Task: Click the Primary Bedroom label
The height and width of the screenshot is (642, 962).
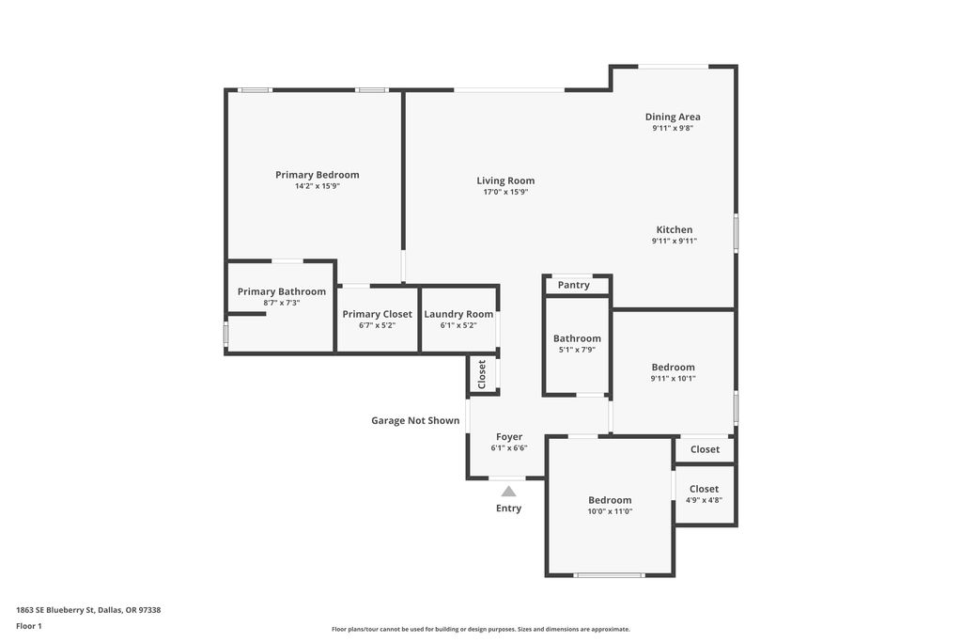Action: click(318, 175)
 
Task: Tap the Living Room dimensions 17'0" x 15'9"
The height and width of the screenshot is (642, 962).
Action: click(505, 192)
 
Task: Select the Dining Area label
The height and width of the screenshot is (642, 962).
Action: click(673, 117)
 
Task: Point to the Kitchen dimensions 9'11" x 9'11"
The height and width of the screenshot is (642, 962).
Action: click(675, 242)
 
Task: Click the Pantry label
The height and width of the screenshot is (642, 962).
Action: click(574, 286)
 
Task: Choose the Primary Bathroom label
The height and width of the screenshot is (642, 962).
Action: click(282, 292)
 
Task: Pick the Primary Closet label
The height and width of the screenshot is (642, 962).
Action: click(378, 314)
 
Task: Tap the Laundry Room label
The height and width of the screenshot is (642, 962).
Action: click(458, 314)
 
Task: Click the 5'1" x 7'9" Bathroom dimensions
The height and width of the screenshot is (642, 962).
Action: click(577, 350)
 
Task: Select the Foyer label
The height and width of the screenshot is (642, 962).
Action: click(509, 437)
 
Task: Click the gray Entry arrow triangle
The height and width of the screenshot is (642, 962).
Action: click(508, 491)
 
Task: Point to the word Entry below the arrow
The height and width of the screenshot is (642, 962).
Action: click(508, 509)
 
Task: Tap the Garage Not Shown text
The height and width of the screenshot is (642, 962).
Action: click(415, 420)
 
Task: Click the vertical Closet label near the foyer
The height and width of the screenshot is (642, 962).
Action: click(482, 374)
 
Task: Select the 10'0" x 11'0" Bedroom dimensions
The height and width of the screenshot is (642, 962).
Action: click(610, 511)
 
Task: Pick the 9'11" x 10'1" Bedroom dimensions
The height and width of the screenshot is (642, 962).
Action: click(673, 379)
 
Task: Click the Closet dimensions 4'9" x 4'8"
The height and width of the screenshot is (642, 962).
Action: click(704, 500)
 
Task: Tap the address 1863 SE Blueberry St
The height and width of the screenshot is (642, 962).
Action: click(55, 610)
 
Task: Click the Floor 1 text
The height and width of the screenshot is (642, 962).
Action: click(29, 626)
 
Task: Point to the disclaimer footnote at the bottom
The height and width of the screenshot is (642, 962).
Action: click(481, 629)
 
